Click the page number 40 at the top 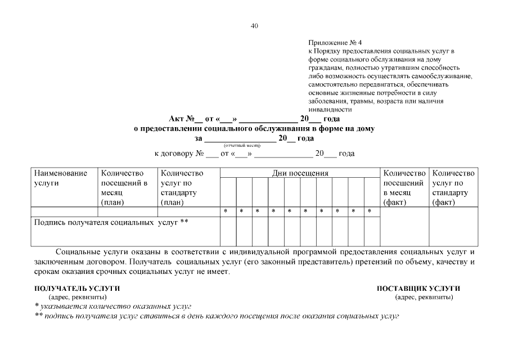(254, 26)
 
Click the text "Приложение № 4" (336, 43)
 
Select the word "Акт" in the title (177, 119)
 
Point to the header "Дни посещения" (300, 173)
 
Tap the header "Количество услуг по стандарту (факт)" (453, 188)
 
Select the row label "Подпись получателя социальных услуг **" (111, 223)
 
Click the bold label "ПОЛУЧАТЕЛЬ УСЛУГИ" (78, 289)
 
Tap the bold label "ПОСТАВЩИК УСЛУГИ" (418, 289)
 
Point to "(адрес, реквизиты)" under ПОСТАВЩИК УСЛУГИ (424, 297)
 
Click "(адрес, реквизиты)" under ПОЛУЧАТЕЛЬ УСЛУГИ (77, 297)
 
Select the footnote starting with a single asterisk (113, 307)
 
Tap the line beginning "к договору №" (254, 153)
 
